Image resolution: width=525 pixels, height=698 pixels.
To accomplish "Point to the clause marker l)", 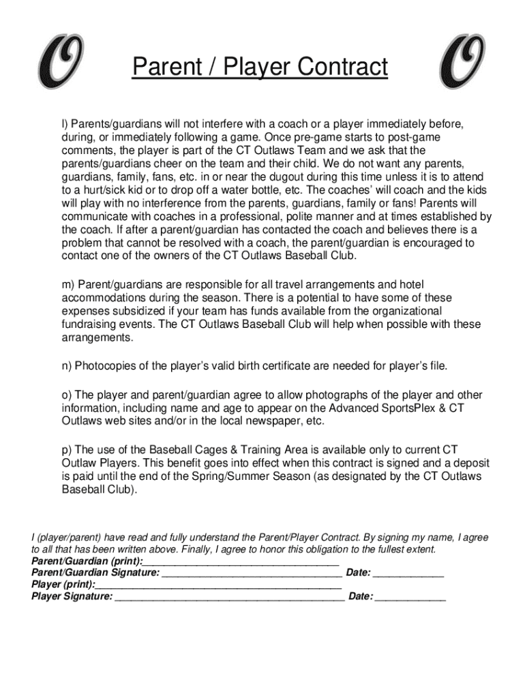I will click(x=65, y=124).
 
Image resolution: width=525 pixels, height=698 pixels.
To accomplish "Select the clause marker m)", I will click(x=68, y=284).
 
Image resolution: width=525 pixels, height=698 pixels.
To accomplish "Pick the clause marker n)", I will click(x=67, y=366).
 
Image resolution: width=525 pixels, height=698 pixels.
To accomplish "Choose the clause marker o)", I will click(x=67, y=395).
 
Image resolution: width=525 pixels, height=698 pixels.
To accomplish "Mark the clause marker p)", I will click(x=67, y=450).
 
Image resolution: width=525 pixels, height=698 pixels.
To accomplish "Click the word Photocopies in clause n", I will click(x=103, y=366).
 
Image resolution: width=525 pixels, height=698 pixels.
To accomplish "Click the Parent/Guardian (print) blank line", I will click(x=241, y=562).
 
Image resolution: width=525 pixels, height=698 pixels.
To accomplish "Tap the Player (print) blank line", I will click(x=218, y=585).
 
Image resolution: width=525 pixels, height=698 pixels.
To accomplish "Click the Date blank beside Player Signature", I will click(x=410, y=597).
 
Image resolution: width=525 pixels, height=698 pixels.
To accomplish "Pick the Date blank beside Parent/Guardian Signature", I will click(x=408, y=573).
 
